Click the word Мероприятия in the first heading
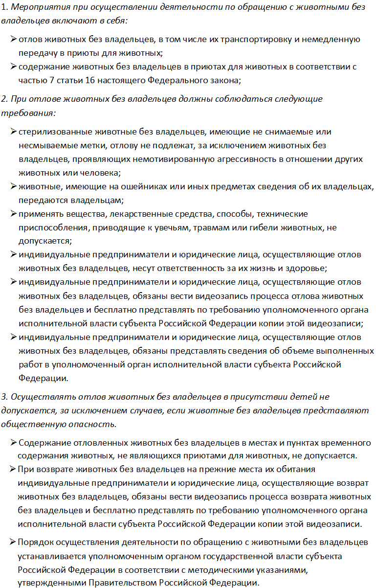pos(34,7)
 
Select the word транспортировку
pos(259,40)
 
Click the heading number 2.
pos(3,99)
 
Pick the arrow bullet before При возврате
pos(12,470)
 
